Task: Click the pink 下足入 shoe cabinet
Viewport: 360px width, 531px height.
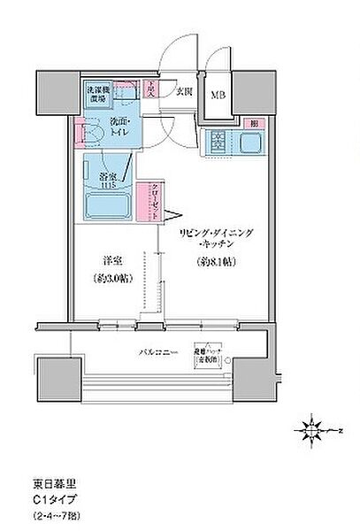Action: coord(153,88)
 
